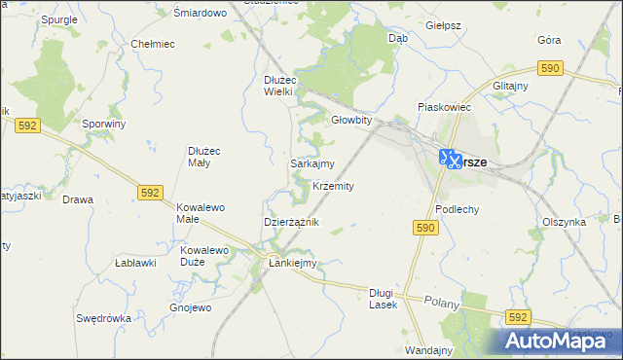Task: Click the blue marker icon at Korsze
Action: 450,158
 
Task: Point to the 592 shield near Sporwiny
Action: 27,126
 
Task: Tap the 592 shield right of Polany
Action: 518,317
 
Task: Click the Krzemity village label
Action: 333,186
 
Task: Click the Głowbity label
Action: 351,120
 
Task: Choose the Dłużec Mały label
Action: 206,157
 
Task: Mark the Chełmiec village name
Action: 152,44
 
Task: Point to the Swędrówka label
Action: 103,318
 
